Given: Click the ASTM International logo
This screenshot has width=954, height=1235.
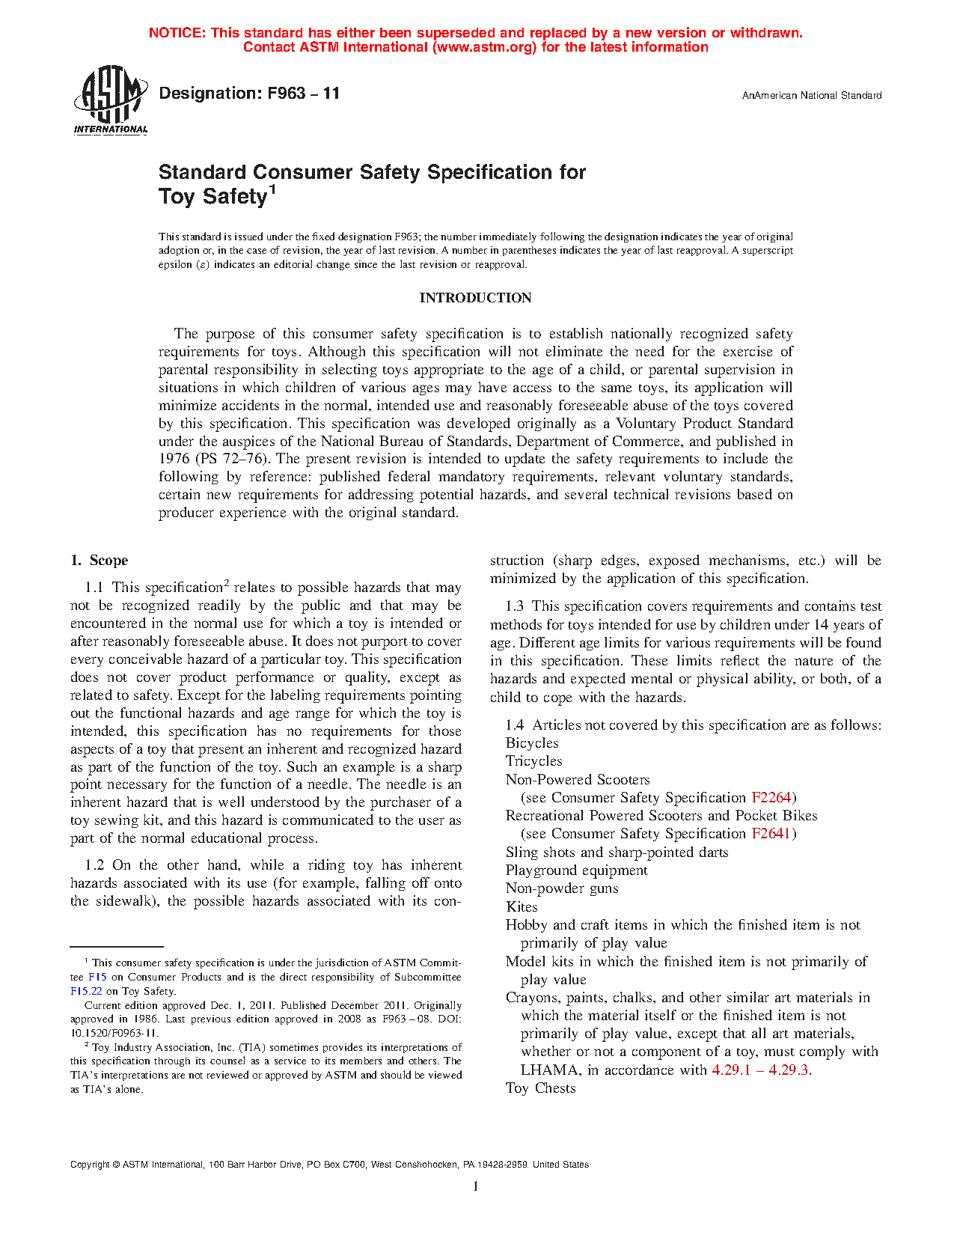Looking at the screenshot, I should point(111,100).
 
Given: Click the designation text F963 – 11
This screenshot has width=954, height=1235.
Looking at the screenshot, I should point(249,94).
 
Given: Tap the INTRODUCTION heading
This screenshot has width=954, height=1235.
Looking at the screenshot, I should point(475,298).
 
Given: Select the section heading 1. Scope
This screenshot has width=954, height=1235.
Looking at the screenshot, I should point(99,561).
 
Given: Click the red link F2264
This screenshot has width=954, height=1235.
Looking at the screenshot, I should point(771,798).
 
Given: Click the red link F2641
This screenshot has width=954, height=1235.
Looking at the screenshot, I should point(771,834).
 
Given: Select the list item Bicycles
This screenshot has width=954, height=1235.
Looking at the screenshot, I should point(532,743).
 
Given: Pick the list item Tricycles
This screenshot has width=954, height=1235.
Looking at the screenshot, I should point(533,761).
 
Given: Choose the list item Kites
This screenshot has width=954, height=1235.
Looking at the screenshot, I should point(522,907).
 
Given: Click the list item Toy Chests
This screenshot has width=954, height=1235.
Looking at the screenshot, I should point(540,1088).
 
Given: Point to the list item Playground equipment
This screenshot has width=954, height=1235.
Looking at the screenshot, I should point(576,870).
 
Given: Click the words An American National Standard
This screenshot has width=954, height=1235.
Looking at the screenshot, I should point(811,96).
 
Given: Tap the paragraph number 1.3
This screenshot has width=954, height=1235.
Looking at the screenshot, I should point(516,606).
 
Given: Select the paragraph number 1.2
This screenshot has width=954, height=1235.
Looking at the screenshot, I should point(95,865).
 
